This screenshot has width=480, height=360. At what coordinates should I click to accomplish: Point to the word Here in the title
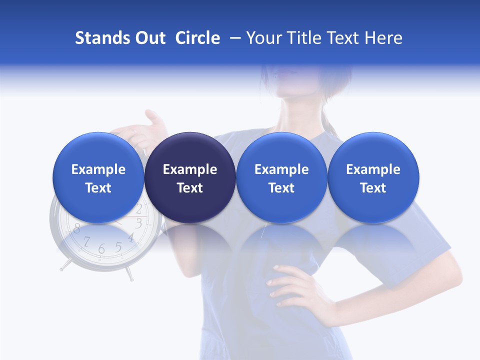tap(383, 38)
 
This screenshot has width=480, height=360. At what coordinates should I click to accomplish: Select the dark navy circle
tap(190, 177)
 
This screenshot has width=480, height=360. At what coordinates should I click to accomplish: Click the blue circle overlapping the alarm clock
tap(98, 177)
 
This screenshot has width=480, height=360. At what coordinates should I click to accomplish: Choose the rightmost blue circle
tap(373, 177)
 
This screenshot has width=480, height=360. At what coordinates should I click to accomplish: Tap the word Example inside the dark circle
tap(190, 169)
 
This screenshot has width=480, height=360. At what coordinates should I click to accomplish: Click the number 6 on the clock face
tap(101, 248)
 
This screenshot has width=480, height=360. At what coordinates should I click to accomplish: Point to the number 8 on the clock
tap(76, 229)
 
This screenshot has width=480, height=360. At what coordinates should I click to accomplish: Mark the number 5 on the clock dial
tap(118, 246)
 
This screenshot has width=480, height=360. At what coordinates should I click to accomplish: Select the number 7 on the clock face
tap(86, 242)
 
